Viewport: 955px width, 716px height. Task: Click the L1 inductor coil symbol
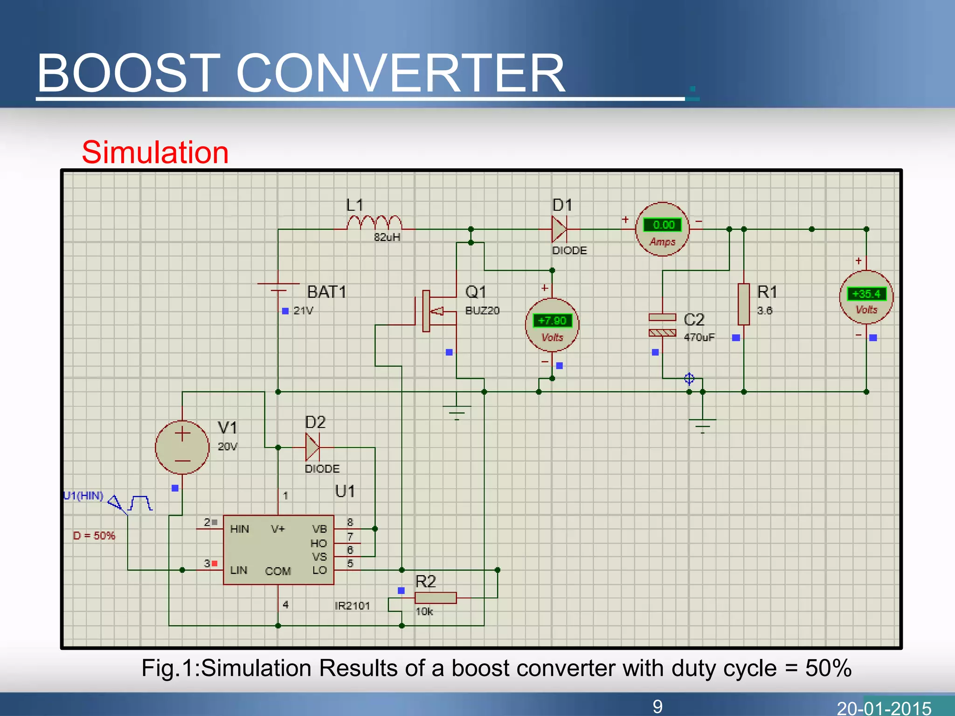click(374, 223)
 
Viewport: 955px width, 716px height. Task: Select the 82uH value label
click(387, 237)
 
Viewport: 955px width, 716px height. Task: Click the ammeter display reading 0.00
click(663, 225)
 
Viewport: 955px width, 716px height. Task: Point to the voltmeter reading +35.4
click(866, 294)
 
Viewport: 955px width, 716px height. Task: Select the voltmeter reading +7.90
click(552, 321)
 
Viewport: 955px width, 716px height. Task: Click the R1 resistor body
click(744, 304)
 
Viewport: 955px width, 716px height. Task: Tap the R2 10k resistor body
click(435, 598)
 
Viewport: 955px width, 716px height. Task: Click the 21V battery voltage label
click(303, 310)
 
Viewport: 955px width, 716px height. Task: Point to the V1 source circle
click(182, 447)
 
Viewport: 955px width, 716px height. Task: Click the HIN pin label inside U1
click(239, 529)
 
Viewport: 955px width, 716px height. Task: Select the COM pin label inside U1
click(278, 571)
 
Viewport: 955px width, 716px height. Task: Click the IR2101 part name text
click(352, 606)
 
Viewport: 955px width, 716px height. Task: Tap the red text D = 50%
click(94, 536)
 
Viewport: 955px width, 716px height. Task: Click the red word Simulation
click(155, 152)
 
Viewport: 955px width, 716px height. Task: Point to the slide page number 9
click(657, 706)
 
